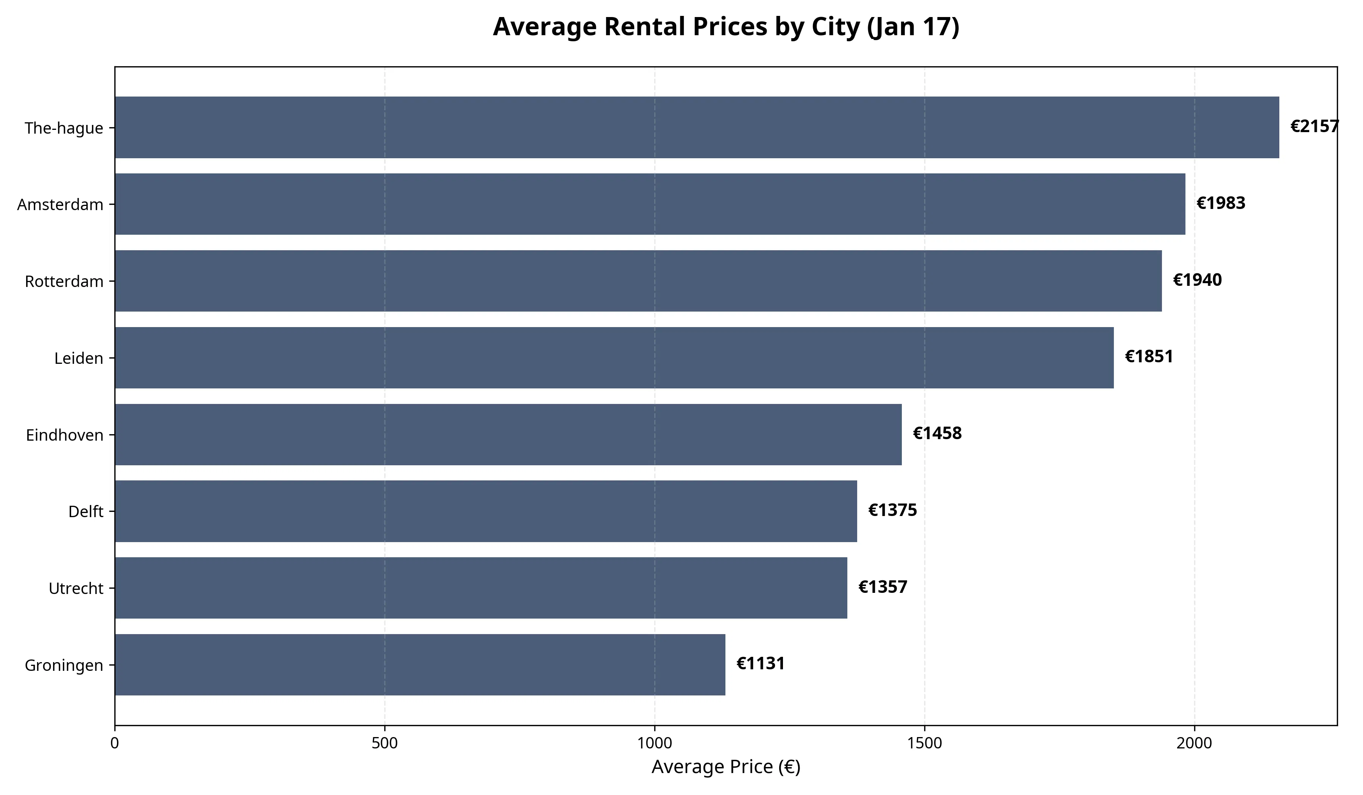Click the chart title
point(726,27)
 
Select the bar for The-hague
point(697,128)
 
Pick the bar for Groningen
point(420,665)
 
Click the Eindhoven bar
point(508,434)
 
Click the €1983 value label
point(1221,203)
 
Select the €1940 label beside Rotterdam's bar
point(1197,280)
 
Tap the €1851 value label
point(1149,357)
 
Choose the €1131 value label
point(761,664)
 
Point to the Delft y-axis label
point(86,511)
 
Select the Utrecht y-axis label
point(76,588)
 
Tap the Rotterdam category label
point(64,282)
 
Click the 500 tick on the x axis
point(385,744)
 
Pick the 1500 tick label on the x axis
point(924,744)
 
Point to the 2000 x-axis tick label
point(1194,744)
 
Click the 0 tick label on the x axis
point(115,744)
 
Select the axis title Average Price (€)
point(726,767)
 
